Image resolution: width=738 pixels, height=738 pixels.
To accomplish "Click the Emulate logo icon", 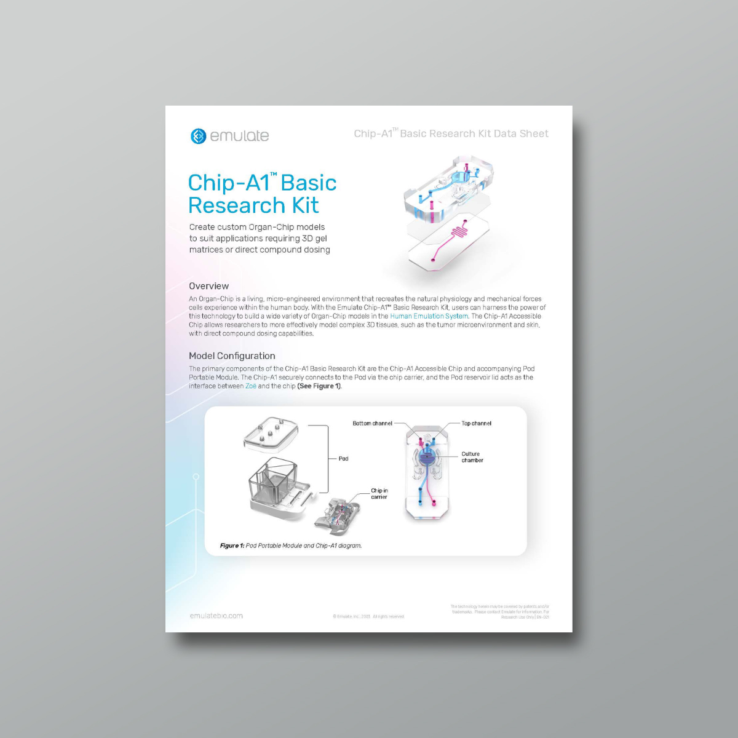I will pos(198,136).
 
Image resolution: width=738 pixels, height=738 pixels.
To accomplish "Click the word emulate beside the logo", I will pos(239,136).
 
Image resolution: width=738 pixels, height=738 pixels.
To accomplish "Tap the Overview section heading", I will pos(208,286).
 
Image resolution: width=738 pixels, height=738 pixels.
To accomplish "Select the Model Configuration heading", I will pos(232,356).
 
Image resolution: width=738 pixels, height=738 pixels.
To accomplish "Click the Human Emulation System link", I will pos(429,316).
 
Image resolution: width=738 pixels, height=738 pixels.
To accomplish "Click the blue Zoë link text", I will pos(251,386).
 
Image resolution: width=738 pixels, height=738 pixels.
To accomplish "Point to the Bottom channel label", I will pos(372,423).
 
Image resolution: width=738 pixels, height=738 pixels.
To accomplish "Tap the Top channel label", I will pos(477,423).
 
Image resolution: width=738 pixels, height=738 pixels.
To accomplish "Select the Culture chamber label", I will pos(472,457).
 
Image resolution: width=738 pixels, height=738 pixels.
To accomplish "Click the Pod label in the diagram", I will pos(343,459).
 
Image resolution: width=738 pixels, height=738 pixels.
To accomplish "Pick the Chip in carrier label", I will pos(379,494).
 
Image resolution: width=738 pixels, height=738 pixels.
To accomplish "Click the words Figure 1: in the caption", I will pos(232,546).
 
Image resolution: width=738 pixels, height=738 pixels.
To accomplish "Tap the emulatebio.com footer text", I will pos(216,616).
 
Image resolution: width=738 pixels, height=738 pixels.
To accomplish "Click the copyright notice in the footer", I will pos(368,616).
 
